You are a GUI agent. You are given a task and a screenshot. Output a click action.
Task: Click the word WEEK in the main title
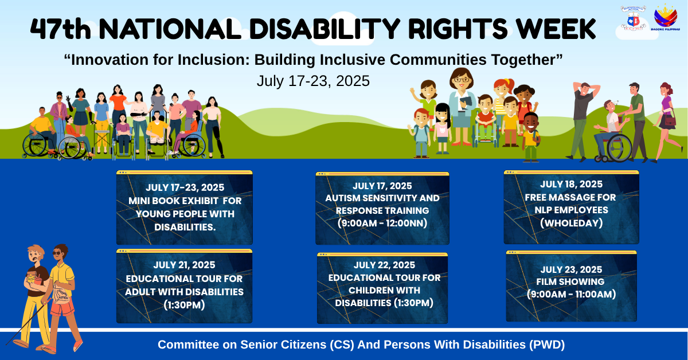556,29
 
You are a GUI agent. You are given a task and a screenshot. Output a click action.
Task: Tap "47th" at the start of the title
61,29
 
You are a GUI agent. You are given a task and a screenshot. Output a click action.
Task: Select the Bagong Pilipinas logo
665,18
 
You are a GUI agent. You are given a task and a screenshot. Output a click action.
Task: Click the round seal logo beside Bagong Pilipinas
634,18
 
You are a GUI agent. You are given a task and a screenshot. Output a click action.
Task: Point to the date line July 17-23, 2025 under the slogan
313,81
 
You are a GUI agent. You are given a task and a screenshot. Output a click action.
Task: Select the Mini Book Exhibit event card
184,208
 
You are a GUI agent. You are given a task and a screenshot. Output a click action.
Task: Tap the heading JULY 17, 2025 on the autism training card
382,186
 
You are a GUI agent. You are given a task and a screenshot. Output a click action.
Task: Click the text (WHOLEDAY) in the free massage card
571,223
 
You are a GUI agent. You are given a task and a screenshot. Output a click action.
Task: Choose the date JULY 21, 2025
184,265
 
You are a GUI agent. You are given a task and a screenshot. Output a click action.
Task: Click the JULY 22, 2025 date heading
384,265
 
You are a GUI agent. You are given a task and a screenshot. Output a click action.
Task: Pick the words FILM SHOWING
570,281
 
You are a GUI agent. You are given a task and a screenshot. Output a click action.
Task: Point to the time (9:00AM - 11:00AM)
571,294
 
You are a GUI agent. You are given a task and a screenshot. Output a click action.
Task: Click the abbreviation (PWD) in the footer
547,345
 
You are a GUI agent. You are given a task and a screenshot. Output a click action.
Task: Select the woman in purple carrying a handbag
666,122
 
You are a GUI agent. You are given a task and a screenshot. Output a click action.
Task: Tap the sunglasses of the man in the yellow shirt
57,253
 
